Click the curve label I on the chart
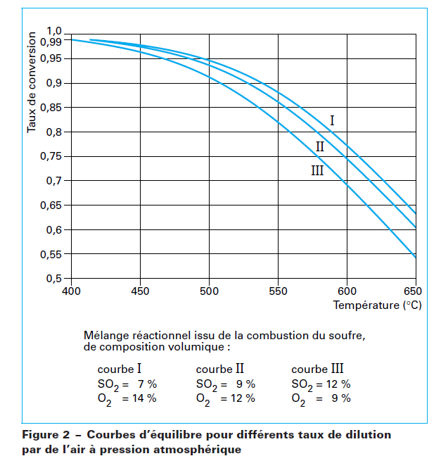point(332,121)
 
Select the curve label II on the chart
point(320,146)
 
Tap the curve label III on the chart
point(317,170)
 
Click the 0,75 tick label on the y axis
point(51,156)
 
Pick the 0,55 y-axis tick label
point(51,254)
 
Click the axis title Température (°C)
point(376,305)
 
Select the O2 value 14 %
point(142,398)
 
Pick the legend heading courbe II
point(220,369)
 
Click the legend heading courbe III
point(317,369)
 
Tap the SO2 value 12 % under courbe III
point(336,384)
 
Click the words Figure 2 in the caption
point(48,435)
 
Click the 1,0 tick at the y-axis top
point(54,31)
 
